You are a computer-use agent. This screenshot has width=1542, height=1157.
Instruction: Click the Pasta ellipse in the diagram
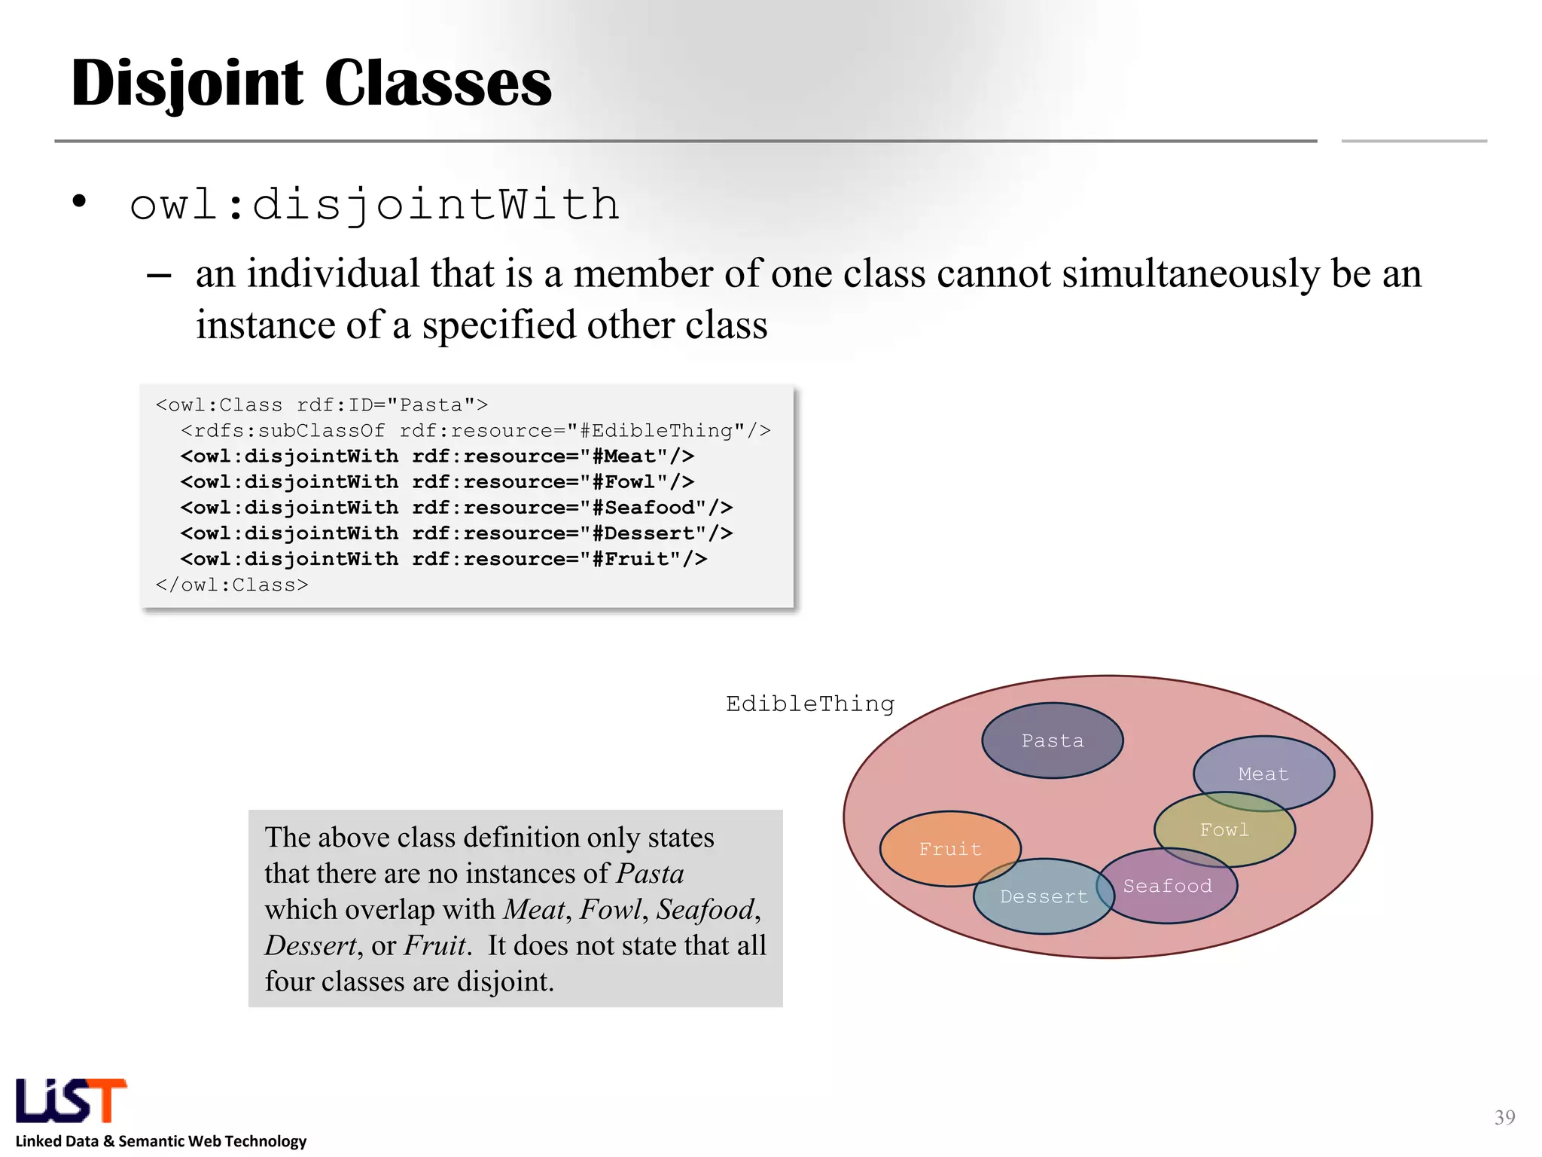(1052, 740)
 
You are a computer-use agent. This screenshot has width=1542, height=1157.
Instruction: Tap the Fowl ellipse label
(1224, 829)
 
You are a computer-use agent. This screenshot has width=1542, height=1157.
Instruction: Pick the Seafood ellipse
(1167, 886)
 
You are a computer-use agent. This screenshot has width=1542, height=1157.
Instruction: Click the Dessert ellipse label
(1044, 896)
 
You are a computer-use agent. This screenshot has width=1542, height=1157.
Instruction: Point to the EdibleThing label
(810, 704)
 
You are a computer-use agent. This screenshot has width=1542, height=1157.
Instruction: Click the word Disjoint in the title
(187, 83)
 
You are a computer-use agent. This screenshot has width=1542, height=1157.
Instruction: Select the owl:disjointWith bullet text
(374, 205)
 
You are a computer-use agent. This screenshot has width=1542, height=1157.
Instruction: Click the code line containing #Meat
(437, 456)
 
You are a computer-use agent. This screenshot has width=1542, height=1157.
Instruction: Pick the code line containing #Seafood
(456, 507)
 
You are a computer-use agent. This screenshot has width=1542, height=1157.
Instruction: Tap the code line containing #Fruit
(443, 559)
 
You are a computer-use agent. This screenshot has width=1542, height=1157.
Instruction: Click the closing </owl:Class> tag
(232, 585)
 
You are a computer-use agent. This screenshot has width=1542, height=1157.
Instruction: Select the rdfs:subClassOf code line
(475, 430)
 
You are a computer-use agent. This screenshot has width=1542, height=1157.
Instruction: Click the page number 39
(1504, 1117)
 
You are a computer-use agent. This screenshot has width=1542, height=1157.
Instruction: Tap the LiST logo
(72, 1101)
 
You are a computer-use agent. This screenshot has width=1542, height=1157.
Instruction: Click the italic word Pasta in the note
(650, 874)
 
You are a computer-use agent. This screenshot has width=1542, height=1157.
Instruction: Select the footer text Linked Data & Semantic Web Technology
(161, 1141)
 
